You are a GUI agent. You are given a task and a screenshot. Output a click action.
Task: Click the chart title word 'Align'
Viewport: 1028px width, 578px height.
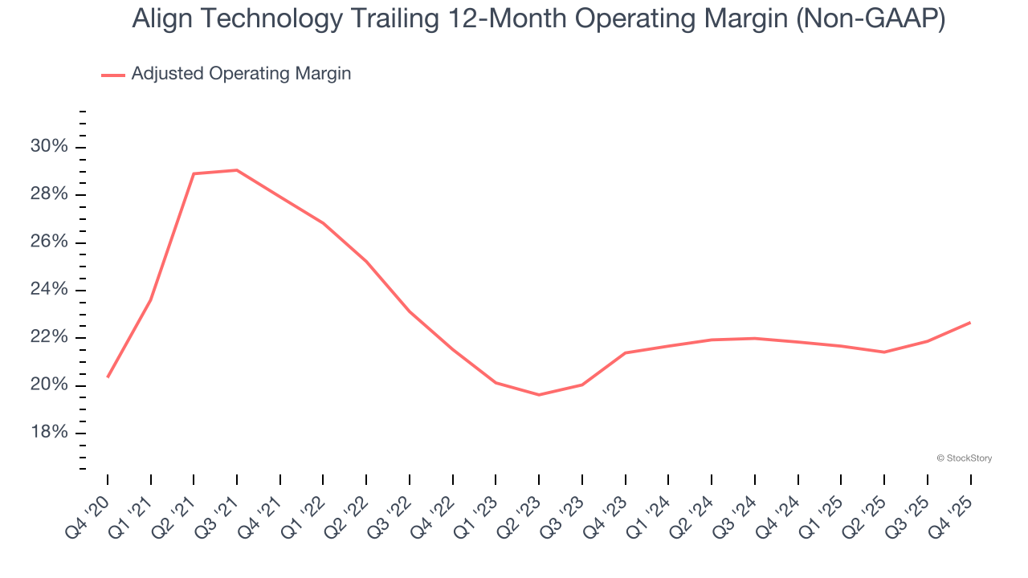coord(161,20)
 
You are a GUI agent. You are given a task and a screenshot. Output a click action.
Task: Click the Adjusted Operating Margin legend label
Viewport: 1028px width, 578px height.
coord(241,74)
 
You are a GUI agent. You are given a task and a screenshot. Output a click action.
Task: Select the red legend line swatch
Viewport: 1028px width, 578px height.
coord(113,75)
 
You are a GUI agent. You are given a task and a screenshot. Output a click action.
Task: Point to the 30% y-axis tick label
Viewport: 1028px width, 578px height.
coord(49,147)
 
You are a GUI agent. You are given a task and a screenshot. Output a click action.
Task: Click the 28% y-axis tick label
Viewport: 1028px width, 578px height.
coord(49,195)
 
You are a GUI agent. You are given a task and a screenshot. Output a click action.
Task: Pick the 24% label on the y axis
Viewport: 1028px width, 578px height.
coord(49,290)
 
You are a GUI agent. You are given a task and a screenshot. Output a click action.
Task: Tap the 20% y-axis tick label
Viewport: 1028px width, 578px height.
coord(49,385)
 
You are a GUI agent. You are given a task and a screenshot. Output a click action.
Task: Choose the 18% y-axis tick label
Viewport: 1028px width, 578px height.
coord(49,433)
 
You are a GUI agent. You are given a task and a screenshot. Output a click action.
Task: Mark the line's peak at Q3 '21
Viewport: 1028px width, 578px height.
coord(237,170)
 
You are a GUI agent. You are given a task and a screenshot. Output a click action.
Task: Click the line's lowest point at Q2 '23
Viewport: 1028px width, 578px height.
coord(539,395)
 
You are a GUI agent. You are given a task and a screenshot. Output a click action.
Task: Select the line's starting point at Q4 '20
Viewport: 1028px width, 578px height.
coord(108,377)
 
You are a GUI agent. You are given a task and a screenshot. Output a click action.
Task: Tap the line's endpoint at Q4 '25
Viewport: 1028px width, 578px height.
coord(970,323)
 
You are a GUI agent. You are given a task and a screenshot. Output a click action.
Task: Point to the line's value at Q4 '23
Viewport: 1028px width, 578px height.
coord(626,352)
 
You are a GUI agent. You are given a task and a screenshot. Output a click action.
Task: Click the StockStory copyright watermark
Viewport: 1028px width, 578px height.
coord(964,458)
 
